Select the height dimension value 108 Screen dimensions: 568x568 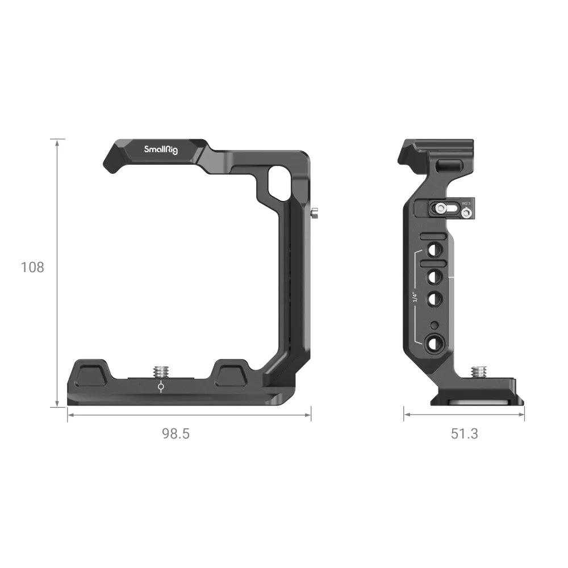[x=32, y=267]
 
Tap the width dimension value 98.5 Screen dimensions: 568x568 [x=176, y=434]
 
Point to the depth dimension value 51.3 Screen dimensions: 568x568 [x=465, y=434]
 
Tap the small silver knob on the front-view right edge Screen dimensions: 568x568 [x=314, y=214]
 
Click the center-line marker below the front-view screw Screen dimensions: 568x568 [x=161, y=387]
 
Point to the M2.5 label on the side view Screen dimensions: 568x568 [x=467, y=202]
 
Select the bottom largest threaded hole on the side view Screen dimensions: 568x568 [x=435, y=342]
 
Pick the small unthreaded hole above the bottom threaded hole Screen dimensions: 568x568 [x=435, y=325]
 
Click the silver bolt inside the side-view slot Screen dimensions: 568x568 [x=440, y=208]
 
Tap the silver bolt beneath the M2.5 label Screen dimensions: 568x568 [x=467, y=213]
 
